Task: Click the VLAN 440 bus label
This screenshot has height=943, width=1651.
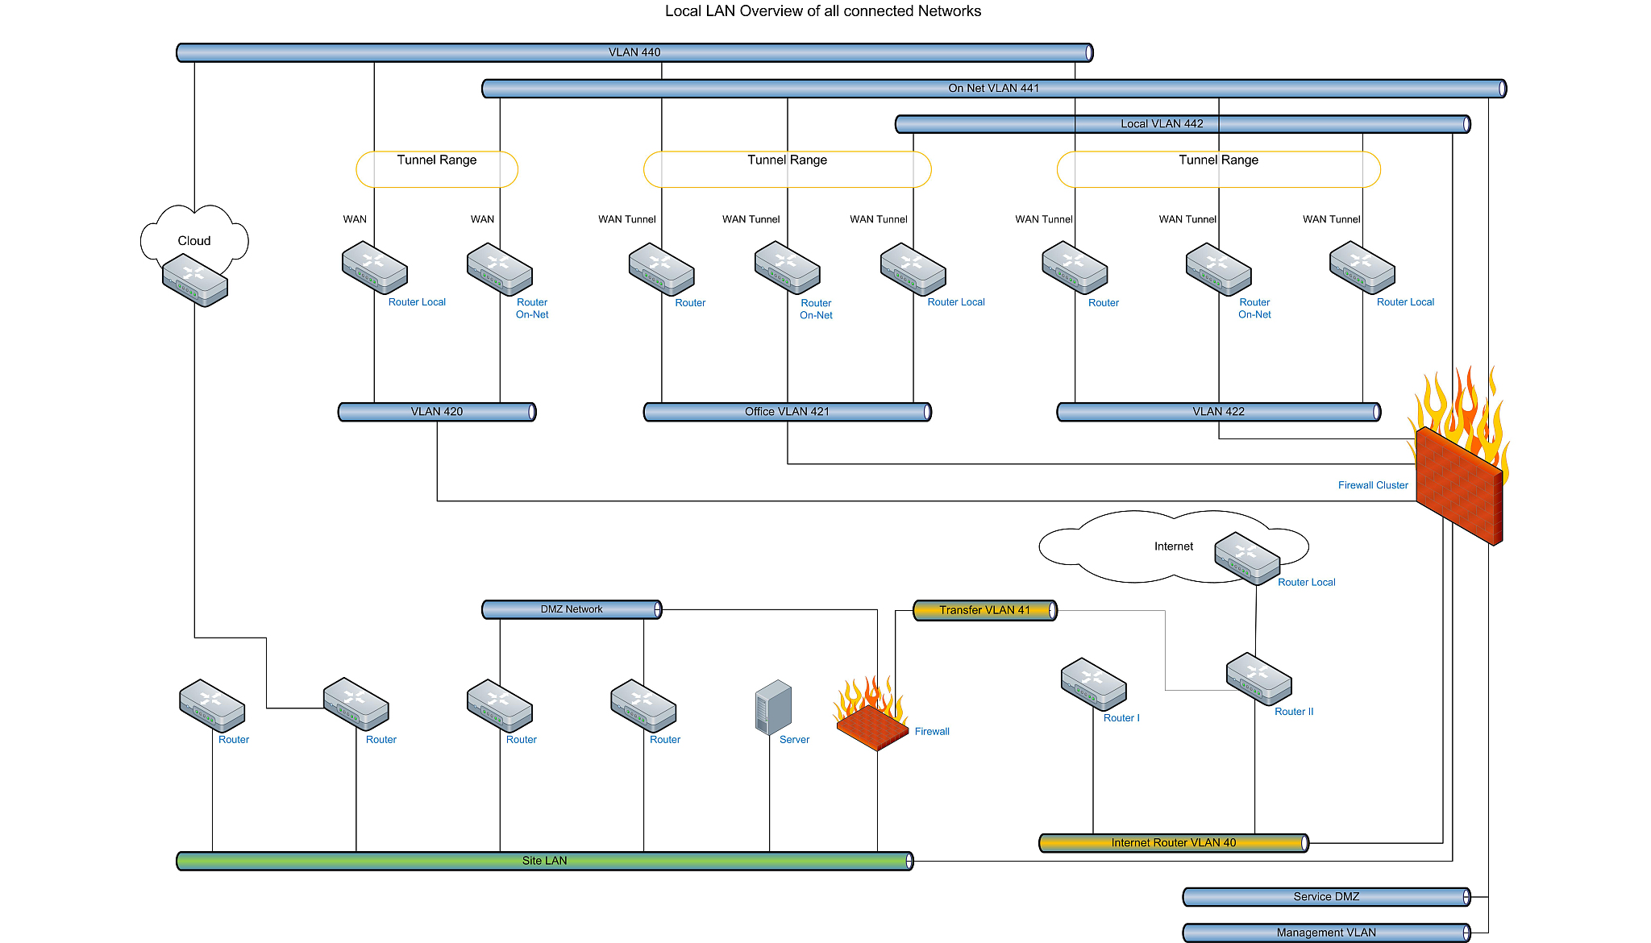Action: click(x=634, y=52)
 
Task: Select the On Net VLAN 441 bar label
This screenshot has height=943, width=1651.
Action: click(x=993, y=88)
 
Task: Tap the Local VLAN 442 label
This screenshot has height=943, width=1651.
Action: click(x=1162, y=123)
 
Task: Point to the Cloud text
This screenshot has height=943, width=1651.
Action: click(x=194, y=240)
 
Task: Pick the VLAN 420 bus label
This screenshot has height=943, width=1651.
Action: click(x=437, y=411)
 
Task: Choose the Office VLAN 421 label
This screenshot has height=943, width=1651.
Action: click(x=787, y=411)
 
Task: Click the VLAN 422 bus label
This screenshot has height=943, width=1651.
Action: click(x=1218, y=411)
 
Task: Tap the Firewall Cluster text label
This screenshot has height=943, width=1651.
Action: click(x=1373, y=485)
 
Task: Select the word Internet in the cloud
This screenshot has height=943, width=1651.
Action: click(x=1173, y=546)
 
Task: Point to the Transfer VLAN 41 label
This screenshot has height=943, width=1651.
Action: click(x=984, y=610)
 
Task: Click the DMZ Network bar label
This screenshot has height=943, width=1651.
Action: click(x=572, y=609)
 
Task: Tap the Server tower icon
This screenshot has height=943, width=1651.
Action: click(x=773, y=707)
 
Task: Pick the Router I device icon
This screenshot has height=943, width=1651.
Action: click(x=1094, y=684)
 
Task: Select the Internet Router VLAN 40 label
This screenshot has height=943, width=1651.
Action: click(x=1173, y=843)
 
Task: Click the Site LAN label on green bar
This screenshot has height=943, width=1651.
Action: click(x=544, y=861)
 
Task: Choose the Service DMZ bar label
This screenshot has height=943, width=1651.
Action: click(x=1326, y=896)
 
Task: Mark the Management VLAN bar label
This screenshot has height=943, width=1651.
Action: click(x=1326, y=933)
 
